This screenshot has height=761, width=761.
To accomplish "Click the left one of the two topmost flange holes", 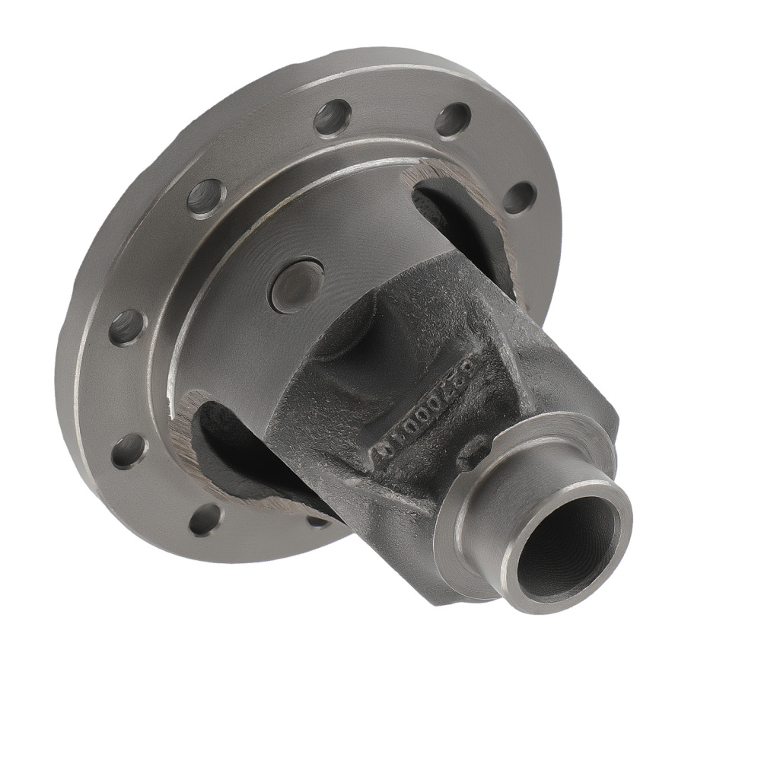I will (x=333, y=117).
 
